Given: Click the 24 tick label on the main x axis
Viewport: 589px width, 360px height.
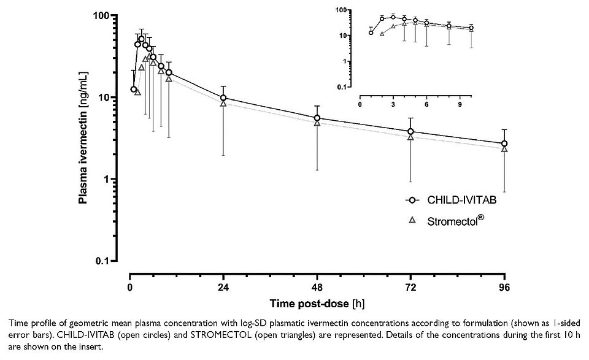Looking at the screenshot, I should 223,287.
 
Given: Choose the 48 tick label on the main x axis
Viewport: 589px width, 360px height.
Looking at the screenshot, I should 317,287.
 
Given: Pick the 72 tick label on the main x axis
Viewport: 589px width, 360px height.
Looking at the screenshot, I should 410,287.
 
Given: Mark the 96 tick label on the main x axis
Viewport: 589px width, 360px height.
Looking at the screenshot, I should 504,287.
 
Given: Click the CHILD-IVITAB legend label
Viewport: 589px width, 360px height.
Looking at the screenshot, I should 457,200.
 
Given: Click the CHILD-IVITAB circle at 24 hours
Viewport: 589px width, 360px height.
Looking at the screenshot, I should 223,98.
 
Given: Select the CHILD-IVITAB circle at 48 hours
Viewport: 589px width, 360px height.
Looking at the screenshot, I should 317,118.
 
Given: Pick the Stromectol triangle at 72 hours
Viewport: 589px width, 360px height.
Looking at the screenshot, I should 410,137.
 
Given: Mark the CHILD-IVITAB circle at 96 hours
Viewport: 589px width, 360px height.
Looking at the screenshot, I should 504,144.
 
